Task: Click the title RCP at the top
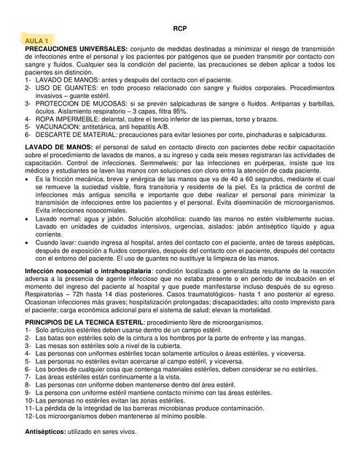[x=179, y=27]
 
